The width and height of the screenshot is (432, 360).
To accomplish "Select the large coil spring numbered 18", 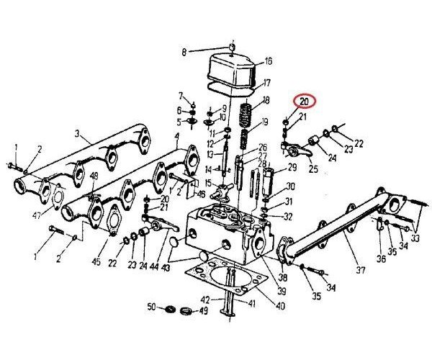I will click(246, 112).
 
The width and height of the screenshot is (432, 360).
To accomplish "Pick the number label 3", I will click(78, 135).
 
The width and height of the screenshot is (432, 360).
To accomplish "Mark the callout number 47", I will click(35, 215).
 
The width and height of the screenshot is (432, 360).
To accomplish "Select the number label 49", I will click(204, 311).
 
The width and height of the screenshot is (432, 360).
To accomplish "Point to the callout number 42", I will click(205, 300).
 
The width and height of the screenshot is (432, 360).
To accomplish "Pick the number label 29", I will click(292, 167).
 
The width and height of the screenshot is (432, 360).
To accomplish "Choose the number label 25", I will click(312, 169).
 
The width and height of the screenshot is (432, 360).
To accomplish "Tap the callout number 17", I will click(267, 82).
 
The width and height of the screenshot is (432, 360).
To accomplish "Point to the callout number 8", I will click(184, 52).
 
